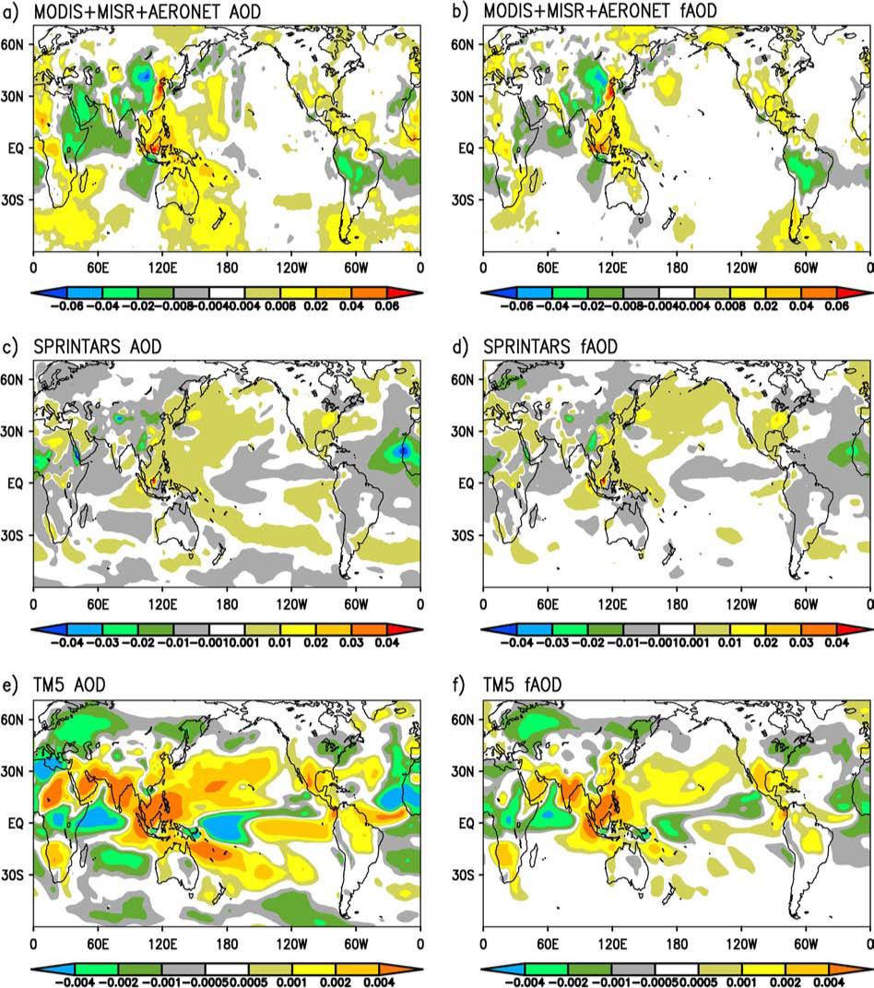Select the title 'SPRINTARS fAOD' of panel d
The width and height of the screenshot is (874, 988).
tap(550, 347)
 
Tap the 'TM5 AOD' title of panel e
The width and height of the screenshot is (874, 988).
tap(69, 684)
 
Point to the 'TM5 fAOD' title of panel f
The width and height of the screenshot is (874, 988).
tap(522, 684)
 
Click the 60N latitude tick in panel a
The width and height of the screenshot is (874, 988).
tap(13, 44)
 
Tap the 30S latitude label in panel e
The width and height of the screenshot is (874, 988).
tap(13, 875)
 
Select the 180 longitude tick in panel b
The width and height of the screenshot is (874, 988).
tap(677, 268)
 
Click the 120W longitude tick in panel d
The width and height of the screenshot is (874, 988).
tap(742, 604)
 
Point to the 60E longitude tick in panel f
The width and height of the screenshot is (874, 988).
tap(548, 944)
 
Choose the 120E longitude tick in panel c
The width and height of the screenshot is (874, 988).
tap(162, 604)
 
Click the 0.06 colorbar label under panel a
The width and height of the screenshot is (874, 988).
tap(386, 306)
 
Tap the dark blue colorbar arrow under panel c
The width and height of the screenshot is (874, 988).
tap(49, 629)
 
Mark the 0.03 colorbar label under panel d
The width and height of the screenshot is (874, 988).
tap(801, 643)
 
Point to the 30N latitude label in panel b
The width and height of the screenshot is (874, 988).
tap(462, 97)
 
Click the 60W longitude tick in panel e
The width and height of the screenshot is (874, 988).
tap(356, 944)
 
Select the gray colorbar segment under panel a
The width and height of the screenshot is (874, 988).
tap(192, 293)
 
